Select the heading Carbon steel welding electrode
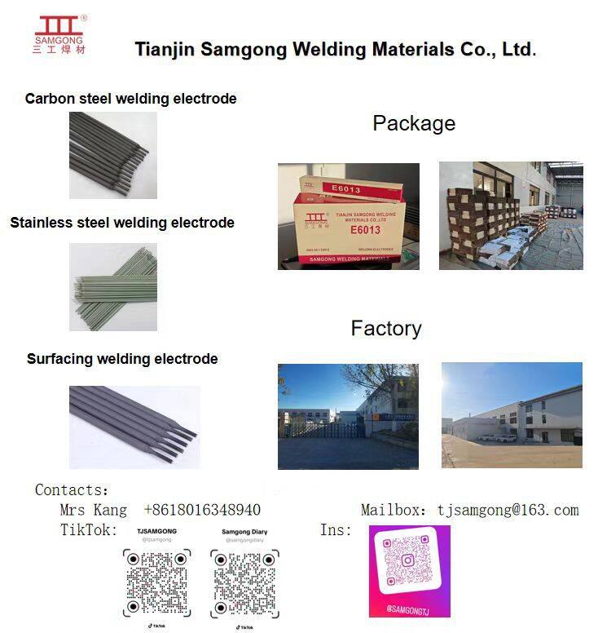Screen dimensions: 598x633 click(x=130, y=99)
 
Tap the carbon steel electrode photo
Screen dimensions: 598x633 click(x=112, y=155)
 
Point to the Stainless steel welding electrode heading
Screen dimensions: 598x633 click(x=122, y=223)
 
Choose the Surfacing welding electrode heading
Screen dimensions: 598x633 click(x=122, y=359)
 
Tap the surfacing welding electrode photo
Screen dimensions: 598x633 click(x=134, y=427)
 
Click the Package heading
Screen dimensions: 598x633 click(x=414, y=124)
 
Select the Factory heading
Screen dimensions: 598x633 click(x=386, y=329)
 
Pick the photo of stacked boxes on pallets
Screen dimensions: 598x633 click(x=511, y=215)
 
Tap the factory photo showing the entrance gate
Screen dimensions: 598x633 click(x=348, y=416)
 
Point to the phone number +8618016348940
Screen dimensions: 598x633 click(x=202, y=510)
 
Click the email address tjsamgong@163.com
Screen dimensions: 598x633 click(x=508, y=510)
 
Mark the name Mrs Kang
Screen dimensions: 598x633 click(x=93, y=510)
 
